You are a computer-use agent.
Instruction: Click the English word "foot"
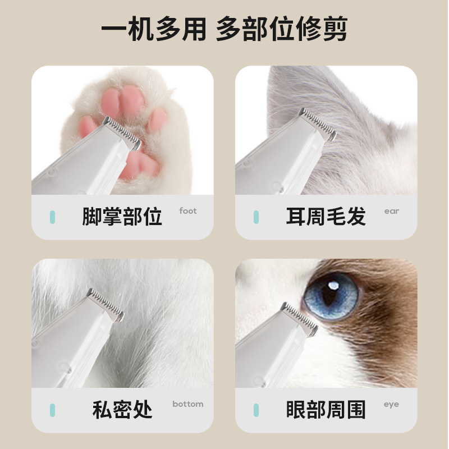pyautogui.click(x=188, y=211)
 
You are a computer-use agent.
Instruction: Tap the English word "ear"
pyautogui.click(x=391, y=212)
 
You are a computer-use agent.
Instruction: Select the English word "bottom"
pyautogui.click(x=188, y=404)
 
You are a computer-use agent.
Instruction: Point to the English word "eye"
pyautogui.click(x=391, y=404)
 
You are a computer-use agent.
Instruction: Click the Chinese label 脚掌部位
pyautogui.click(x=122, y=216)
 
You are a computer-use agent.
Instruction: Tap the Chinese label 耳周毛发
pyautogui.click(x=326, y=216)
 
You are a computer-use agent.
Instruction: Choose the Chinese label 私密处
pyautogui.click(x=122, y=409)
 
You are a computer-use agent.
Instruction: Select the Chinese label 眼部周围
pyautogui.click(x=326, y=409)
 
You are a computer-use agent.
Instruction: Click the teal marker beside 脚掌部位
pyautogui.click(x=52, y=217)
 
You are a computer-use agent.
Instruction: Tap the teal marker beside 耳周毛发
pyautogui.click(x=256, y=217)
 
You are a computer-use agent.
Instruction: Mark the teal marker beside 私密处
pyautogui.click(x=52, y=410)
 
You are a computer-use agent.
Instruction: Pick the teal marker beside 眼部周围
pyautogui.click(x=256, y=410)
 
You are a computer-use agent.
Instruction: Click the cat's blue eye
pyautogui.click(x=331, y=296)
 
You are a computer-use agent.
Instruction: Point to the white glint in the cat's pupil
pyautogui.click(x=333, y=286)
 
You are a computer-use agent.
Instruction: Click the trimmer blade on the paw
pyautogui.click(x=122, y=133)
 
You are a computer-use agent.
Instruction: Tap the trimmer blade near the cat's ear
pyautogui.click(x=317, y=124)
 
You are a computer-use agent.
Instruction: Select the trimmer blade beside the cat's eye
pyautogui.click(x=300, y=319)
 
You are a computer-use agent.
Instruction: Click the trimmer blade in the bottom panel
pyautogui.click(x=106, y=305)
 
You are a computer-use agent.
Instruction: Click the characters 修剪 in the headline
pyautogui.click(x=322, y=29)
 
